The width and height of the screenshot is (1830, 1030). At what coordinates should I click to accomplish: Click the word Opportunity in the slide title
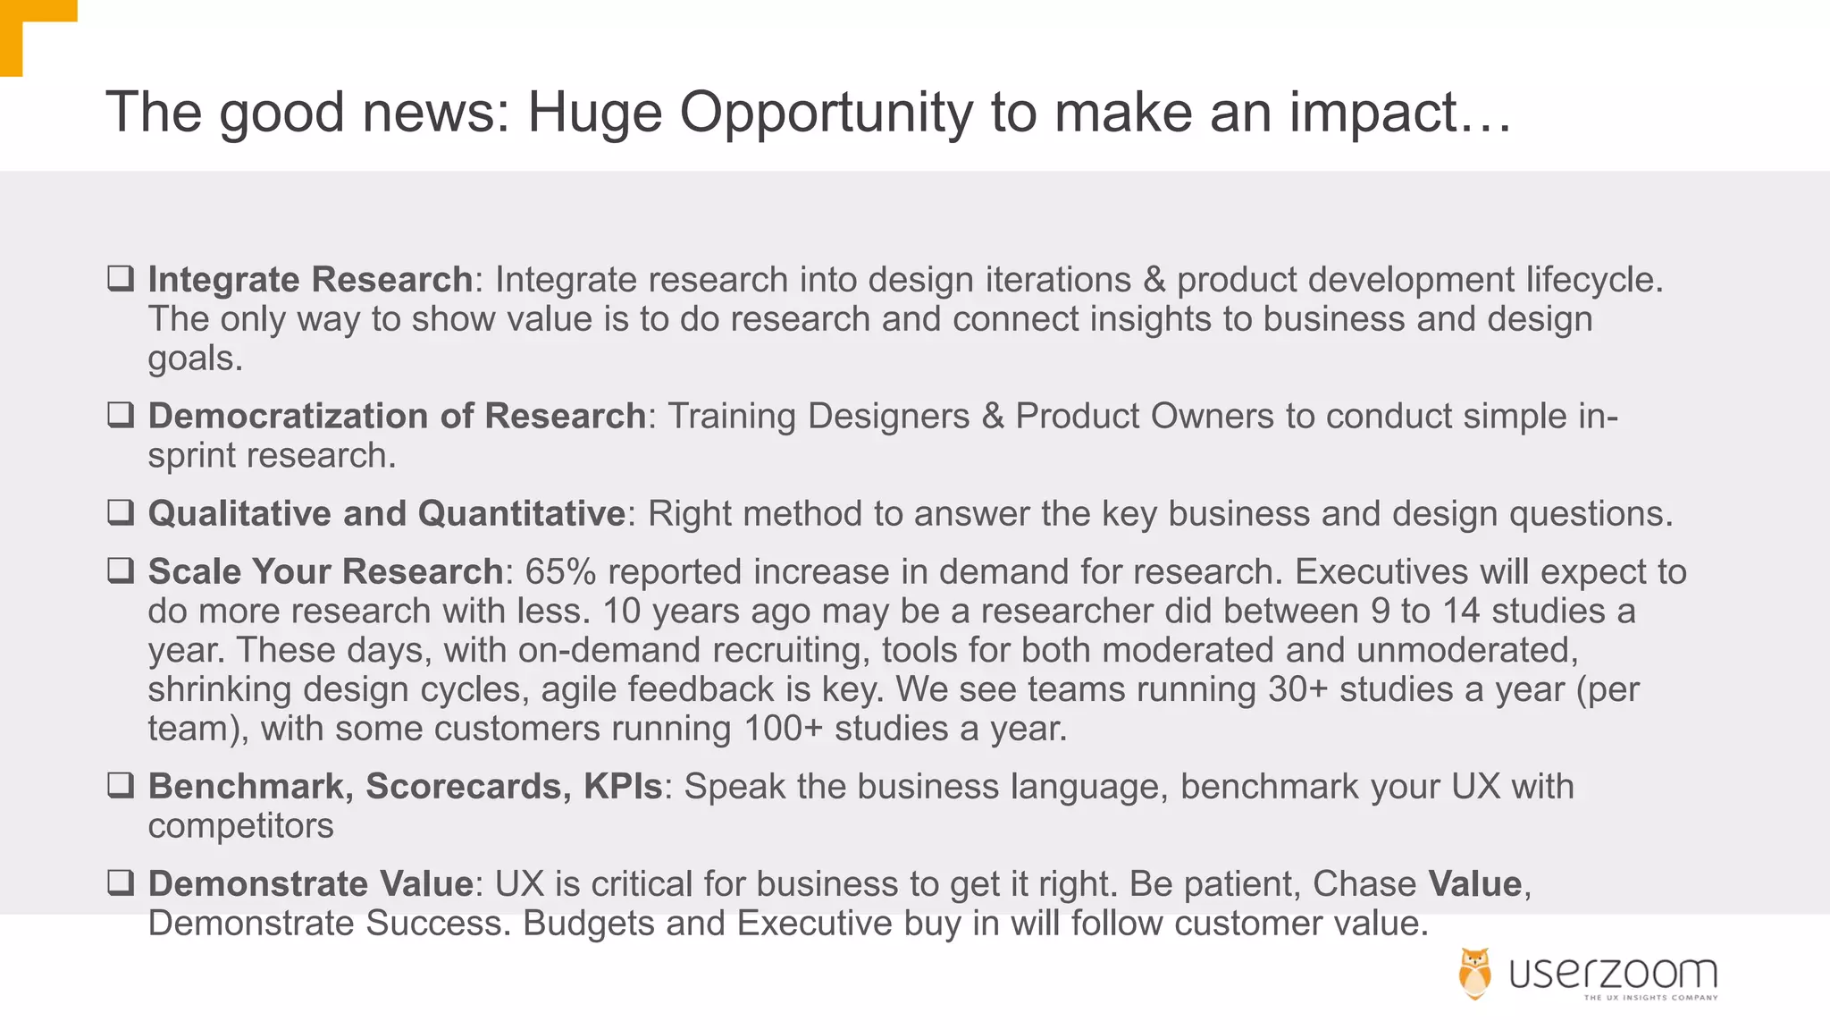tap(825, 114)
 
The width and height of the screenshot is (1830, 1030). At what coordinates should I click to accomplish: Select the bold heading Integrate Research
tap(310, 280)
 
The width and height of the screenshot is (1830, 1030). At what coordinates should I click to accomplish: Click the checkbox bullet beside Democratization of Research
tap(121, 415)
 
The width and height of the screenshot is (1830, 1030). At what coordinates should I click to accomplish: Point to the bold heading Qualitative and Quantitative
tap(386, 514)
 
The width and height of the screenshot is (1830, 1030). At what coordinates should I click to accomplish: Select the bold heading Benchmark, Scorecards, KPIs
tap(405, 787)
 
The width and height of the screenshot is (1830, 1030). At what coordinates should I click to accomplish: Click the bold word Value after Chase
tap(1474, 884)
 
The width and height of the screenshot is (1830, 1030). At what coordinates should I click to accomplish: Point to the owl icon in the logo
tap(1474, 973)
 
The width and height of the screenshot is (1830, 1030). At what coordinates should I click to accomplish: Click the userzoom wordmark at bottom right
tap(1613, 973)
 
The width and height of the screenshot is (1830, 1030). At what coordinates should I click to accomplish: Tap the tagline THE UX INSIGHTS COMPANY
tap(1650, 998)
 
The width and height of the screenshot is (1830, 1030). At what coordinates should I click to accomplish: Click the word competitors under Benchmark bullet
tap(240, 826)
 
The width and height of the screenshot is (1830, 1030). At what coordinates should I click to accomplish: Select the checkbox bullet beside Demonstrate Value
tap(121, 882)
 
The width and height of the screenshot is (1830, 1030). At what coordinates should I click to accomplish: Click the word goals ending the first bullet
tap(194, 359)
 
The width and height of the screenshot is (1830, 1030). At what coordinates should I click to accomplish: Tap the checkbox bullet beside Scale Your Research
tap(121, 570)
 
